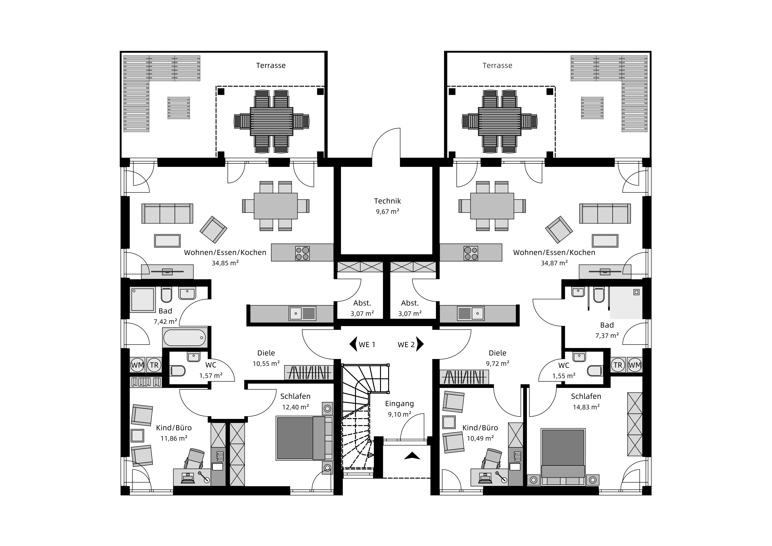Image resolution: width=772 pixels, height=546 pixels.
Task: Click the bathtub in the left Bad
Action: coord(184,337)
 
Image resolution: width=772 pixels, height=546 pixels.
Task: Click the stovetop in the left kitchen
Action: coord(302,253)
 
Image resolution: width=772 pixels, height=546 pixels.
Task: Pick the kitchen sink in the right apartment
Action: coord(471,313)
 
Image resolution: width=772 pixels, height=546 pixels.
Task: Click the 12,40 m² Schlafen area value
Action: coord(296,407)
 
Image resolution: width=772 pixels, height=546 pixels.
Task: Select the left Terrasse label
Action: coord(271,66)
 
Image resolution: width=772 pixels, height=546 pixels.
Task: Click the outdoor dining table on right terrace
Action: coord(500,121)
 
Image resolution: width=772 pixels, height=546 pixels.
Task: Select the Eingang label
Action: coord(399,404)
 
